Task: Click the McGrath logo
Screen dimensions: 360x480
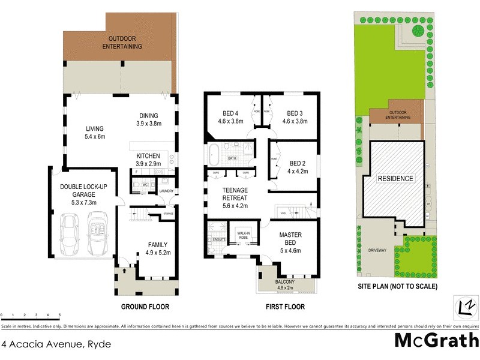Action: pos(436,341)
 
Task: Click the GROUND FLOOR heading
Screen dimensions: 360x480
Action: pos(145,307)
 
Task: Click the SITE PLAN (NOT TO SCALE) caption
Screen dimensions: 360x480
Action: pos(398,287)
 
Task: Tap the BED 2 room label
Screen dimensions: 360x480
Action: pos(298,163)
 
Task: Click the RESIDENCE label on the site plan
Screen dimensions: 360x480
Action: pos(395,179)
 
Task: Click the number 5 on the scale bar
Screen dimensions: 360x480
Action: pos(59,315)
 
